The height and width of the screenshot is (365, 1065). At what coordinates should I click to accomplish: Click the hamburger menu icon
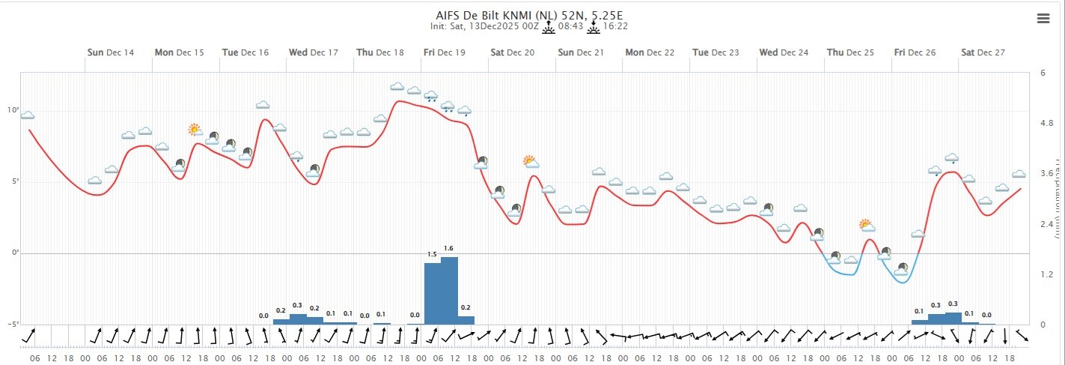point(1043,19)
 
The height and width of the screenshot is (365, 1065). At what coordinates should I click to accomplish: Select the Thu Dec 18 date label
point(380,52)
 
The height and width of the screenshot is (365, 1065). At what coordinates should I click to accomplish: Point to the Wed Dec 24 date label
point(784,52)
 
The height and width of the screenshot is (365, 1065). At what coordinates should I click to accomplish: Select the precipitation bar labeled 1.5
point(433,294)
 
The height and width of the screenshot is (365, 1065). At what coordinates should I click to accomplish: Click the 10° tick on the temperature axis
point(13,110)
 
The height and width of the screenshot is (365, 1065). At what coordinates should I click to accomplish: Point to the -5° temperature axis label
point(12,325)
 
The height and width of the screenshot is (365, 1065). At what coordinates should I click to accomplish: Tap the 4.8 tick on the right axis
point(1047,124)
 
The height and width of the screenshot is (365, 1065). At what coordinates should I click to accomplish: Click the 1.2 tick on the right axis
point(1047,275)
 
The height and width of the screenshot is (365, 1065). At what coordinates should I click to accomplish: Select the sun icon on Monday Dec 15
point(195,130)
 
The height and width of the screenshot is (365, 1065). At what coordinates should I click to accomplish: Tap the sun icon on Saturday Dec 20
point(530,161)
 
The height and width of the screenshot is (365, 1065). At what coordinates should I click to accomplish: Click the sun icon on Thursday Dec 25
point(867,224)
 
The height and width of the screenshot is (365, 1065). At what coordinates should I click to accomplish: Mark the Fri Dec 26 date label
point(915,52)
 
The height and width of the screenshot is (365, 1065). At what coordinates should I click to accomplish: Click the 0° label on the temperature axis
point(13,253)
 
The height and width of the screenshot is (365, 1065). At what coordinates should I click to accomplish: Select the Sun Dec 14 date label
point(111,52)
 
